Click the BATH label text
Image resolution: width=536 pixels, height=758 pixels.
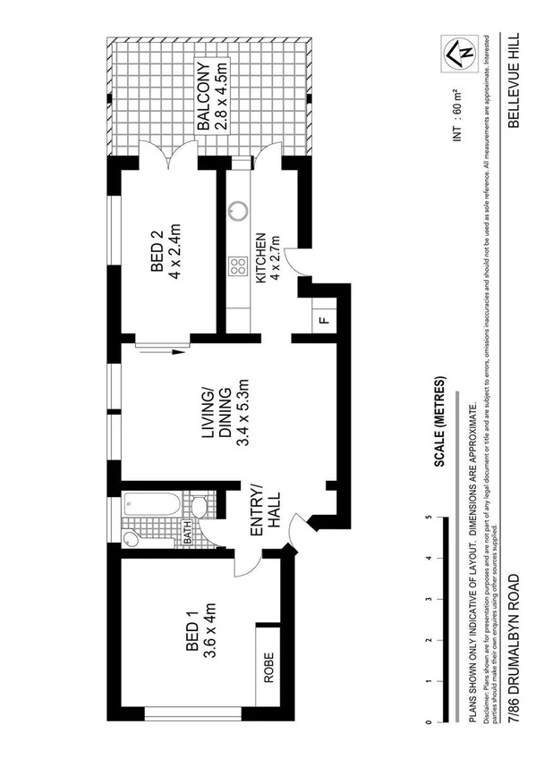189,533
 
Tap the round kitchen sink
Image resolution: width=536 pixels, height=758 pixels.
238,212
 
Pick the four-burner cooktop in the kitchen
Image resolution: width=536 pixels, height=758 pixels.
238,265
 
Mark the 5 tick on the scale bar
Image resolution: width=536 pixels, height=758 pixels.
430,518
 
